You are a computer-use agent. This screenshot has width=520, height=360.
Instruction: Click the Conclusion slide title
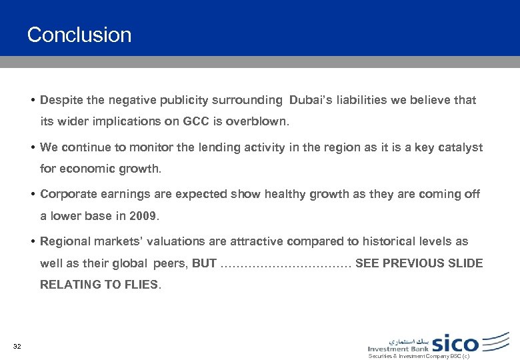[79, 35]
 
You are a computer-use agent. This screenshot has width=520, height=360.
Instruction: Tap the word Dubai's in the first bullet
[310, 101]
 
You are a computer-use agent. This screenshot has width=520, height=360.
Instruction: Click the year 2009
[145, 216]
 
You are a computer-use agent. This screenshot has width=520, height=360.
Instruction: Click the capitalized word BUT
[204, 263]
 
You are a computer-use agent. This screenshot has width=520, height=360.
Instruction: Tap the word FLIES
[142, 285]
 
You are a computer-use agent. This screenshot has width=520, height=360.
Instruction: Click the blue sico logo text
[455, 343]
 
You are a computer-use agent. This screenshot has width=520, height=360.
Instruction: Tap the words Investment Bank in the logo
[398, 348]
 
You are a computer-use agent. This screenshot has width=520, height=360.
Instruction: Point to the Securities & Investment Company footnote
[419, 357]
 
